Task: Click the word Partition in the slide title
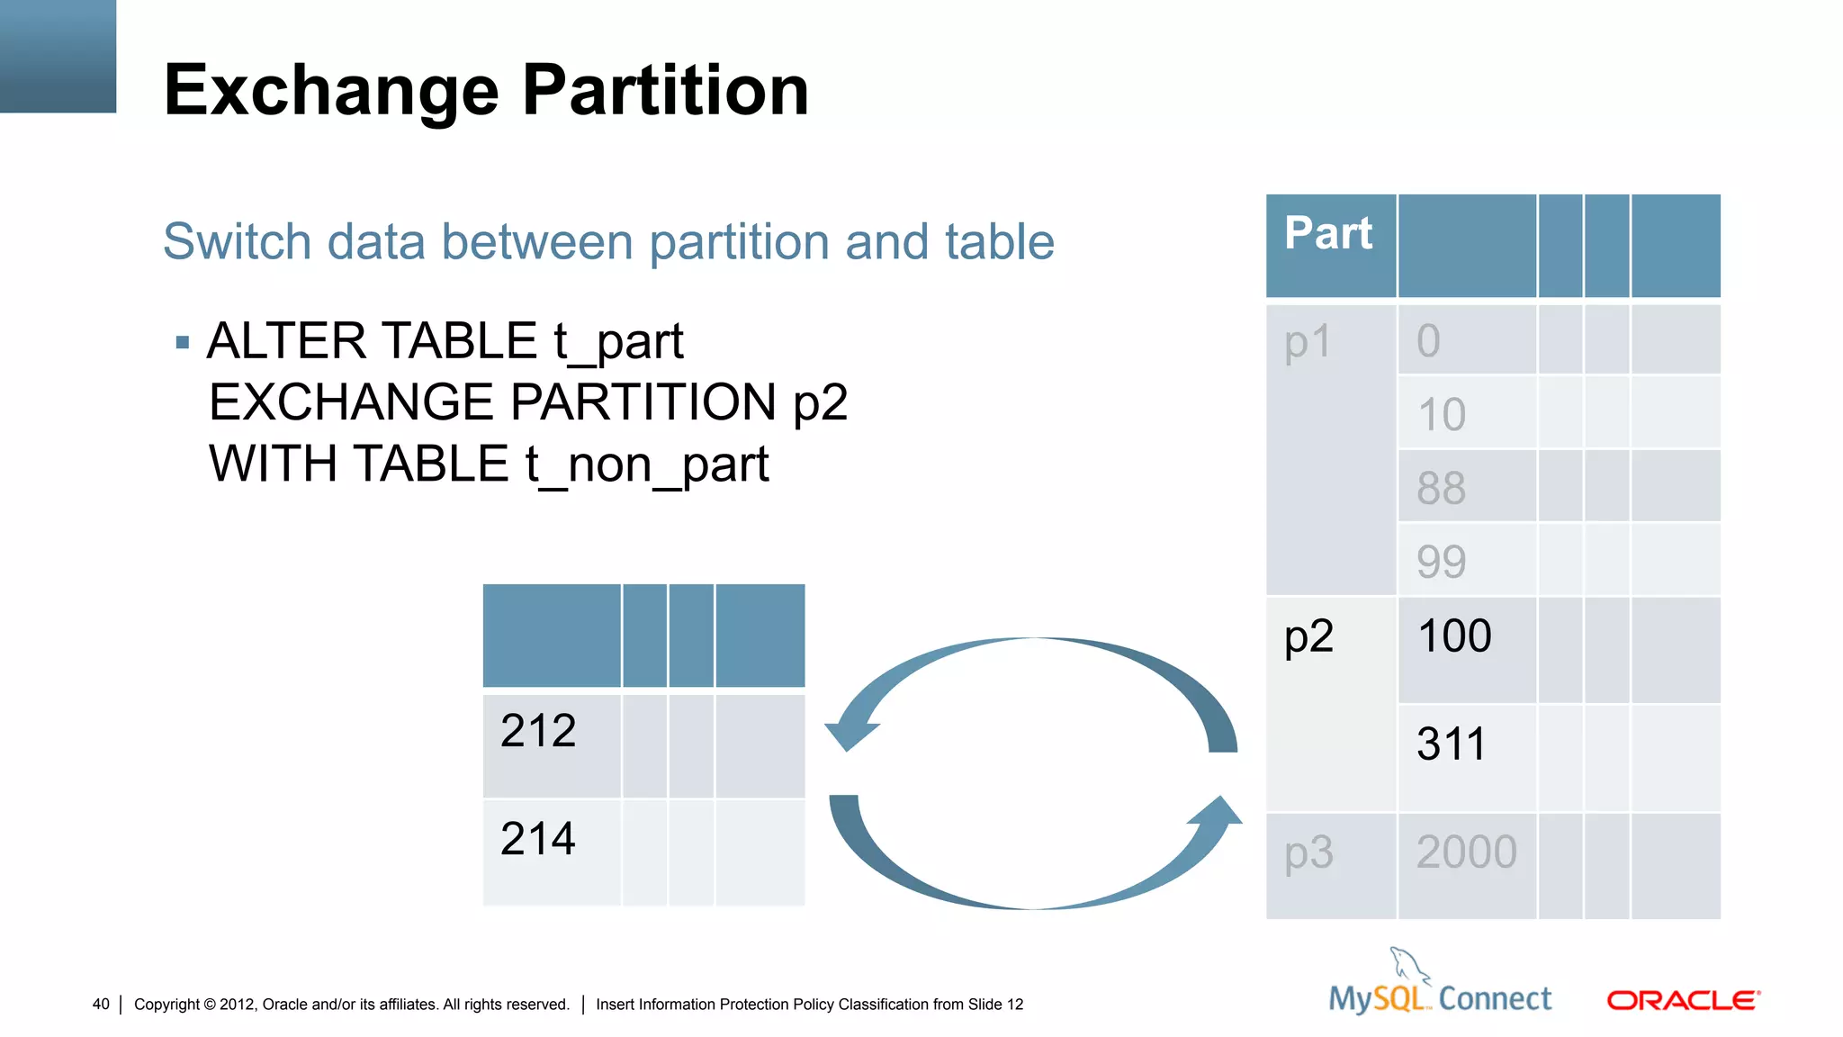(665, 90)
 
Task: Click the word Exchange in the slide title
(331, 92)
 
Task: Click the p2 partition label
(1309, 637)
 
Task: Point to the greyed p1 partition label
(1308, 343)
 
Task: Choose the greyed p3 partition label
(1309, 852)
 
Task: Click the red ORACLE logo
(1682, 1000)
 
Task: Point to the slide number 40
(101, 1004)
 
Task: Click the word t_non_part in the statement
(646, 464)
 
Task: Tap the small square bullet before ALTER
(183, 342)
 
